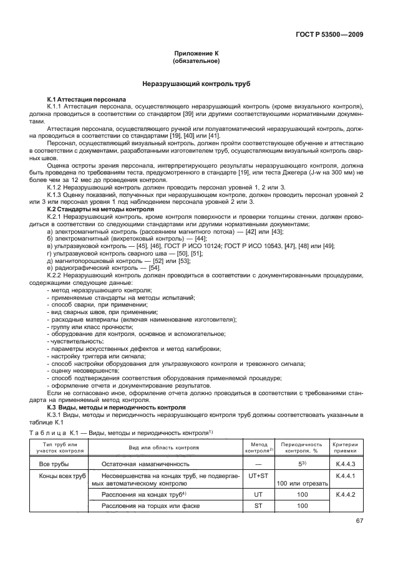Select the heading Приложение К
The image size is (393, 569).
pos(196,55)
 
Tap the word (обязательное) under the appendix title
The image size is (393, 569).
pos(196,63)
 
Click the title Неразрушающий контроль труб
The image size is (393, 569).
pos(196,84)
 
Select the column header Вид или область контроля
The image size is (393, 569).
pos(164,447)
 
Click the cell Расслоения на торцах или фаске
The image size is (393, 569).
pos(142,506)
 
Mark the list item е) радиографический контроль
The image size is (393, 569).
pos(99,267)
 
